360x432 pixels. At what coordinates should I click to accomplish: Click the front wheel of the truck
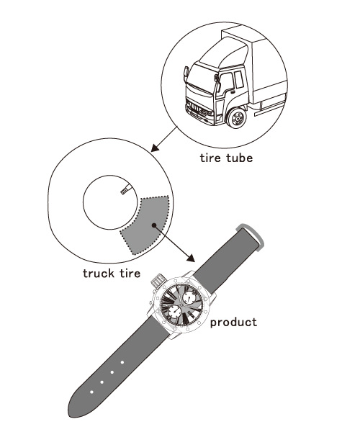tap(236, 118)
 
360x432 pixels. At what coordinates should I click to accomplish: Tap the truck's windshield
tap(200, 76)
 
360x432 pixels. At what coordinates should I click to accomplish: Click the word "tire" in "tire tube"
tap(210, 158)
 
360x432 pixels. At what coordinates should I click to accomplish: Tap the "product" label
tap(233, 323)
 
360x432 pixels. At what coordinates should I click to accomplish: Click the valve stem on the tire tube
tap(127, 189)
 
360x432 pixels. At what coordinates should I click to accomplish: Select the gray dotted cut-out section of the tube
tap(146, 224)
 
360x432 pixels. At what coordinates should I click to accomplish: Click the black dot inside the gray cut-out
tap(154, 225)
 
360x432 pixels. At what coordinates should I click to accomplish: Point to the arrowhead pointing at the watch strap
tap(191, 258)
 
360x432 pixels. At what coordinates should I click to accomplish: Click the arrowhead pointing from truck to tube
tap(155, 148)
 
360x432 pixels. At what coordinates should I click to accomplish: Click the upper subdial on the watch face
tap(189, 297)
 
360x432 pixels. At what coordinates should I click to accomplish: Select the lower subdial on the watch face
tap(175, 312)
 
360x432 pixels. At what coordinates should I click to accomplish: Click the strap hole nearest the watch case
tap(122, 362)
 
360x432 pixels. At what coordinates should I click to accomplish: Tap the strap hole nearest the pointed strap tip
tap(91, 392)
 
